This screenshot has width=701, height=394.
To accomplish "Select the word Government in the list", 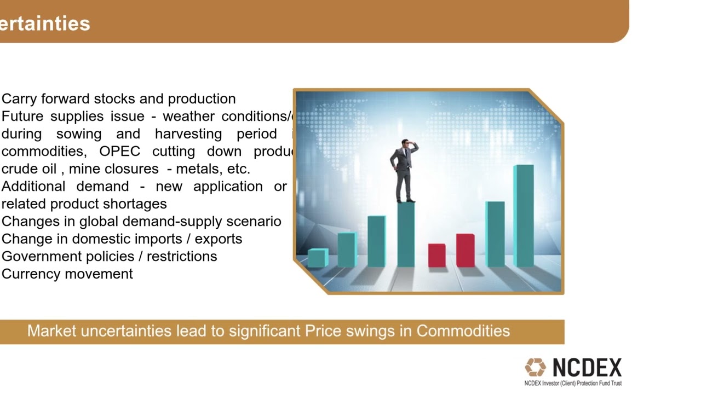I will click(x=37, y=257).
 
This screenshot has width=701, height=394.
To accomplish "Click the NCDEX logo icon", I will click(x=535, y=368).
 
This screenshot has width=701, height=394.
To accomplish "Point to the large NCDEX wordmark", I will click(x=587, y=368).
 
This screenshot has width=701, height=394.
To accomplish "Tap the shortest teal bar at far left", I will click(x=317, y=258).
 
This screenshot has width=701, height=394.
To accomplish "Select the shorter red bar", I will click(x=436, y=256).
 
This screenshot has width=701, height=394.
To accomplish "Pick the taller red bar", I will click(x=465, y=250).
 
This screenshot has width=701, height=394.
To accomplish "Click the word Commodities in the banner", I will click(x=463, y=331).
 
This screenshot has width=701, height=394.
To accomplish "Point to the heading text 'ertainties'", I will click(x=45, y=24).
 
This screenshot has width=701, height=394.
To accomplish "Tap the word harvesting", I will click(x=188, y=134).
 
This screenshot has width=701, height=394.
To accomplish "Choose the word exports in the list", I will click(x=218, y=239).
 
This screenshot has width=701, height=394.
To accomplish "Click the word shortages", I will click(x=136, y=204).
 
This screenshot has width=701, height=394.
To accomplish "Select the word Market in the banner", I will click(x=52, y=331).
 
